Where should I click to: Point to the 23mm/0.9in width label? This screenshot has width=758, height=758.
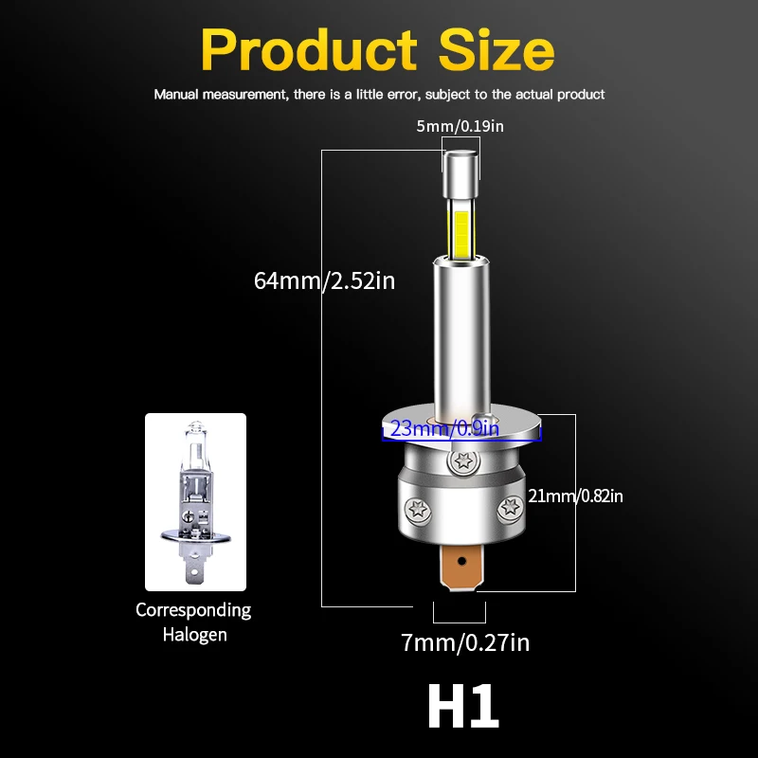[x=443, y=429]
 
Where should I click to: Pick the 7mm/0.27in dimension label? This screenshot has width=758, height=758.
[x=465, y=643]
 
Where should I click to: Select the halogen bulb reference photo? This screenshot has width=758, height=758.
[x=195, y=501]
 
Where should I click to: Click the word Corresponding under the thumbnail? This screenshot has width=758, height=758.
[x=193, y=610]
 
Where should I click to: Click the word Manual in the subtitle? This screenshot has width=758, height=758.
[x=176, y=95]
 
